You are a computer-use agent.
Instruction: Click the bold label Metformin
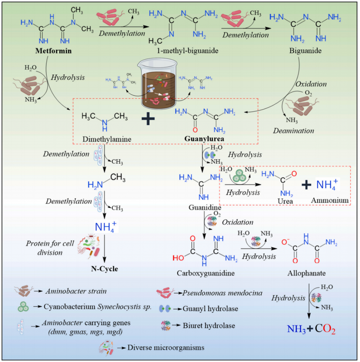[54, 51]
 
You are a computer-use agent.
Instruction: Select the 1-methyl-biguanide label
[188, 51]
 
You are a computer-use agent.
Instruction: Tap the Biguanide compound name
[305, 51]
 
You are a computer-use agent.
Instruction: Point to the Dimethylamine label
[107, 139]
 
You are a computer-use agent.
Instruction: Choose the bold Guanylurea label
[204, 139]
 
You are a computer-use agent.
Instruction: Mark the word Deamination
[293, 131]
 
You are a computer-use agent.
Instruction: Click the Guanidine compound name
[205, 208]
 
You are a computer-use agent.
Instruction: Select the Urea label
[285, 201]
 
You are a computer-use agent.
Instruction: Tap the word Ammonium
[330, 200]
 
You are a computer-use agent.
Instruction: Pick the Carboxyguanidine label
[205, 273]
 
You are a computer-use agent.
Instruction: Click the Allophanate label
[306, 273]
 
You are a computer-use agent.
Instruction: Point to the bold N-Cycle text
[105, 269]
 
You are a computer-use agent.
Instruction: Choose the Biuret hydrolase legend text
[209, 326]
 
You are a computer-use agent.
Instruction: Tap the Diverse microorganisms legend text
[166, 348]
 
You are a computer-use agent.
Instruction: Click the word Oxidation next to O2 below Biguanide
[311, 84]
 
